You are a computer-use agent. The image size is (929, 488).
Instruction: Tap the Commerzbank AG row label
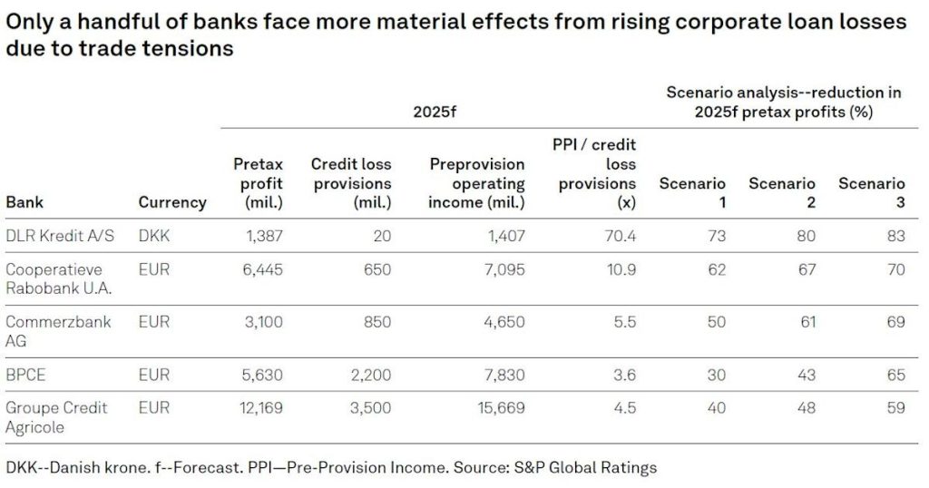tap(59, 331)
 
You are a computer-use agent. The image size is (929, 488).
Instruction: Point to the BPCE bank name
tap(27, 374)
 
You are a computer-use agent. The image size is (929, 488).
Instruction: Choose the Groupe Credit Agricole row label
tap(57, 416)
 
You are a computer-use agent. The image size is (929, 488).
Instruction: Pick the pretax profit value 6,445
tap(262, 270)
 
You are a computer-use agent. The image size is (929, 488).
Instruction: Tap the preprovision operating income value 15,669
tap(501, 408)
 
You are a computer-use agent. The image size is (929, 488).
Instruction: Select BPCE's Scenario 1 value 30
tap(716, 374)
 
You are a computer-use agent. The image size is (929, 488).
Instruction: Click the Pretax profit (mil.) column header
tap(259, 183)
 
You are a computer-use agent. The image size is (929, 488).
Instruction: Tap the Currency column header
tap(172, 202)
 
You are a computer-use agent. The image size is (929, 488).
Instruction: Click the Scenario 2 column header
tap(782, 193)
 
